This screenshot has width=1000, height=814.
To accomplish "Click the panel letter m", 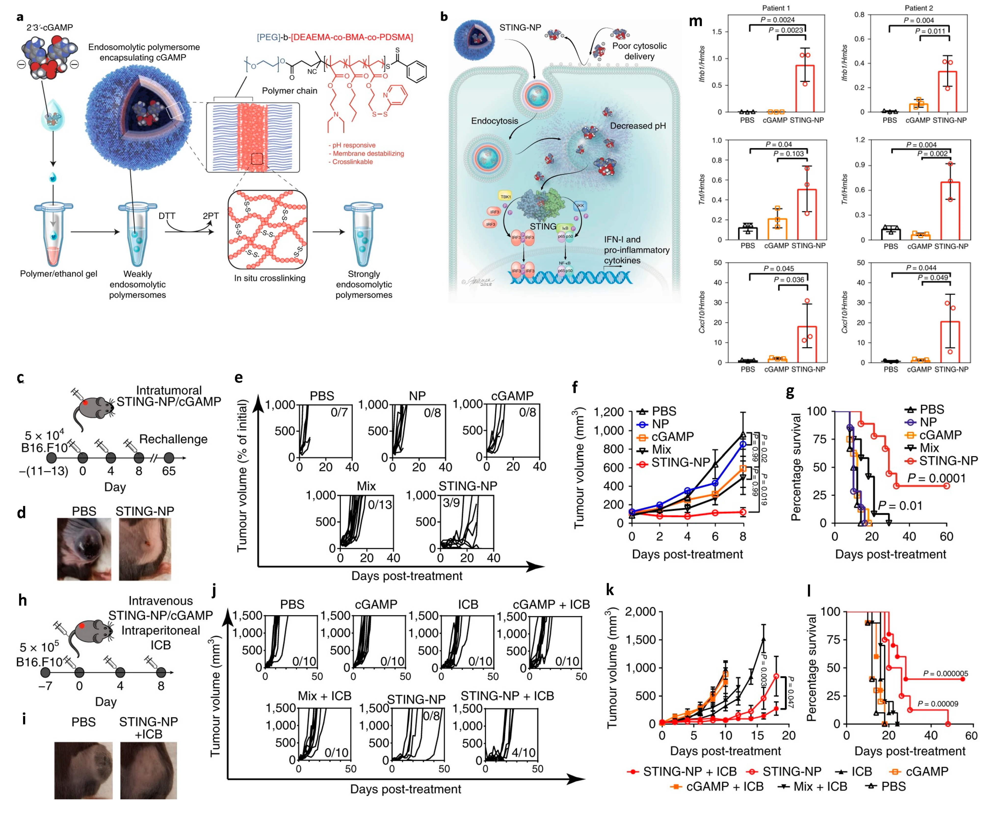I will pyautogui.click(x=695, y=22).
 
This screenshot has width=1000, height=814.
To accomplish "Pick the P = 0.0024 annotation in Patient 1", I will pyautogui.click(x=777, y=20).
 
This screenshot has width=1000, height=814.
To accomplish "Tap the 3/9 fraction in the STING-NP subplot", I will pyautogui.click(x=451, y=503).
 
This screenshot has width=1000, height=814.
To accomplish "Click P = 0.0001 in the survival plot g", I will pyautogui.click(x=936, y=478).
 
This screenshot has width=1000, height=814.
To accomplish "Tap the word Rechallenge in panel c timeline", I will pyautogui.click(x=173, y=439).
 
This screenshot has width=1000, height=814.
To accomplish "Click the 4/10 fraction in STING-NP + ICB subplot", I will pyautogui.click(x=523, y=752).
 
